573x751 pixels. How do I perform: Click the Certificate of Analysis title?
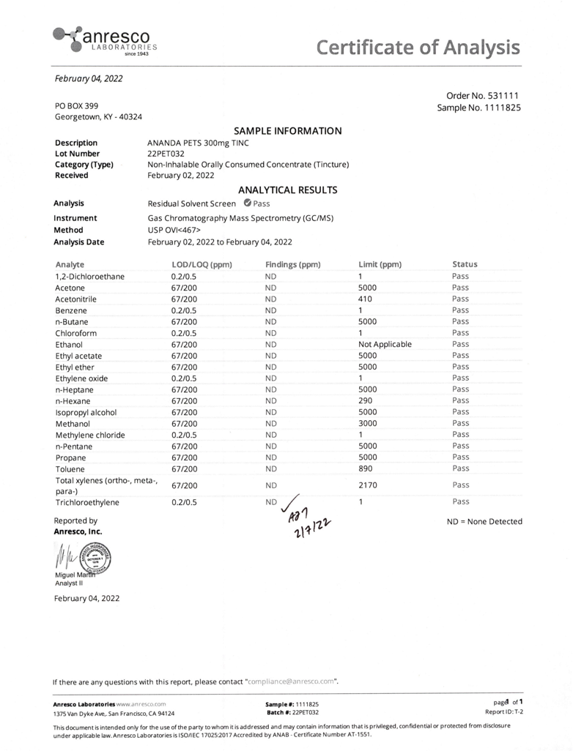418,48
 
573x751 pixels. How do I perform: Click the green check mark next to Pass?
247,203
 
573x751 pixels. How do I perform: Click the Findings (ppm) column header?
293,264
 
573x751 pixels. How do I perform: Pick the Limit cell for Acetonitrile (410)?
366,299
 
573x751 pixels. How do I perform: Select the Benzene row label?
71,310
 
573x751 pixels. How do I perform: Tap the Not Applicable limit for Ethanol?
385,344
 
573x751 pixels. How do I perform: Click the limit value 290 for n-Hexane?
366,400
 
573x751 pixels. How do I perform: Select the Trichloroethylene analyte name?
87,503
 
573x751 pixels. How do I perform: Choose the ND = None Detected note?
484,521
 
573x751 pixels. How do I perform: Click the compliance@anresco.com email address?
292,681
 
